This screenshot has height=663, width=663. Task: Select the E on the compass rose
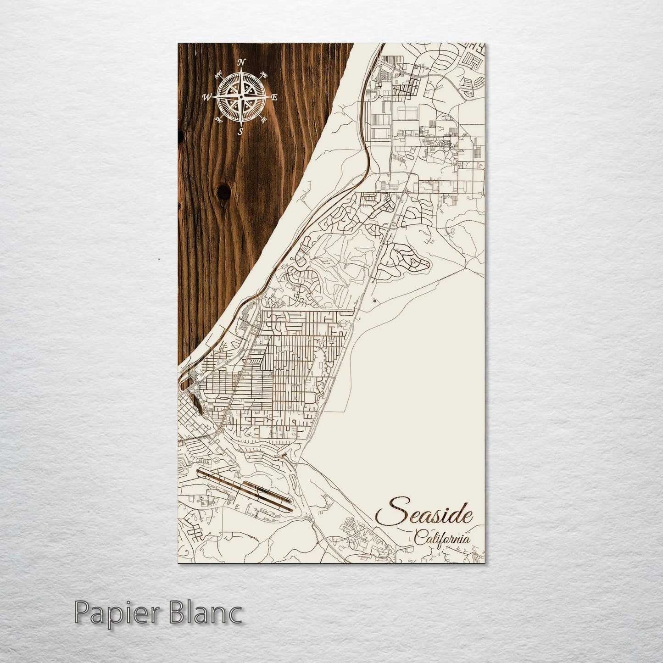pyautogui.click(x=274, y=97)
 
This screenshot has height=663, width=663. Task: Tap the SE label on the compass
pyautogui.click(x=263, y=120)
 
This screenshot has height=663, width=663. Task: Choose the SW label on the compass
pyautogui.click(x=219, y=120)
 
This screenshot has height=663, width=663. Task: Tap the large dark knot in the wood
pyautogui.click(x=224, y=192)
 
